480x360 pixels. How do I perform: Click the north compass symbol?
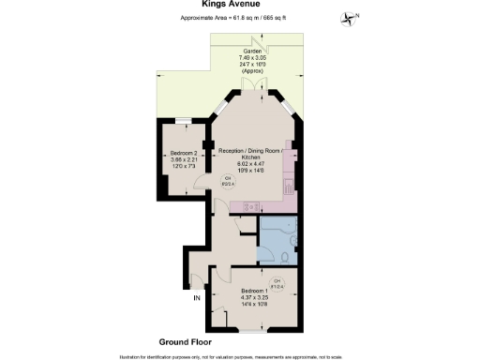click(352, 17)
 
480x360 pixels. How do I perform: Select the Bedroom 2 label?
click(182, 153)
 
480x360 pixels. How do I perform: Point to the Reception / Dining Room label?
click(250, 150)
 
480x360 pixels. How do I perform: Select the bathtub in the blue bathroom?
click(277, 232)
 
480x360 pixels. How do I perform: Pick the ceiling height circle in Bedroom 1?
click(277, 284)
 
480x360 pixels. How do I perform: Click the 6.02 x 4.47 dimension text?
click(249, 161)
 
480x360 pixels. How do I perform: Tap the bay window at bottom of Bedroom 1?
click(248, 329)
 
